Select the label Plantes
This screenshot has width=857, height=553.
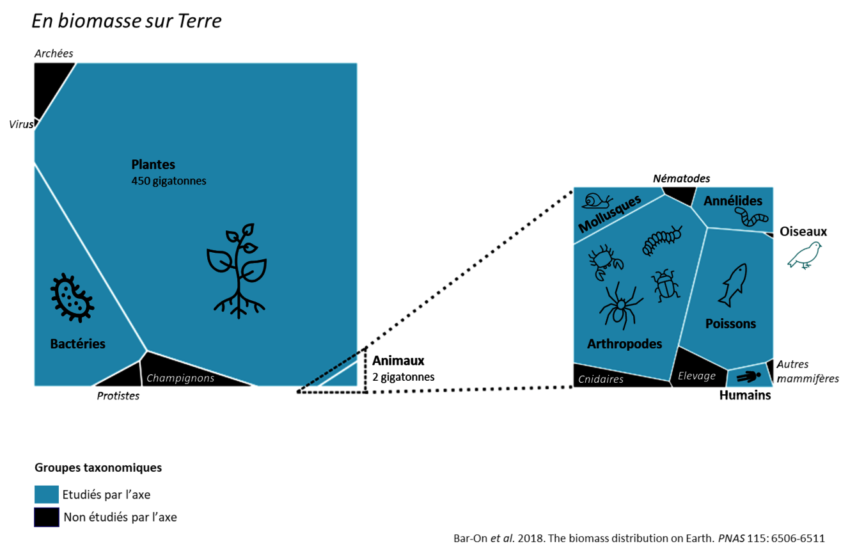coord(153,164)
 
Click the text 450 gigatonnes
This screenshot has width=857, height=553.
coord(169,181)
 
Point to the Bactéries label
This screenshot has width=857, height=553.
coord(78,344)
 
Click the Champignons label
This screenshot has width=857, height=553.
coord(180,378)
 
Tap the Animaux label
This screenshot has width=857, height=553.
coord(398,361)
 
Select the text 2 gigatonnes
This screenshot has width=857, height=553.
coord(404,377)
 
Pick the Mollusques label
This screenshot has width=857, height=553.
coord(609,214)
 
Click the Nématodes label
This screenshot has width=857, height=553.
coord(681,179)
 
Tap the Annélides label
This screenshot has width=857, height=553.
coord(733,201)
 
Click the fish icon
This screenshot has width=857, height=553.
coord(733,285)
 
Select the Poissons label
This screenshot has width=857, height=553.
coord(730,324)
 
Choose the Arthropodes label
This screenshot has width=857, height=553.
coord(625,344)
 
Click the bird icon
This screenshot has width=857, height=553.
coord(805,255)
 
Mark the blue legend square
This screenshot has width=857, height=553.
coord(47,494)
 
